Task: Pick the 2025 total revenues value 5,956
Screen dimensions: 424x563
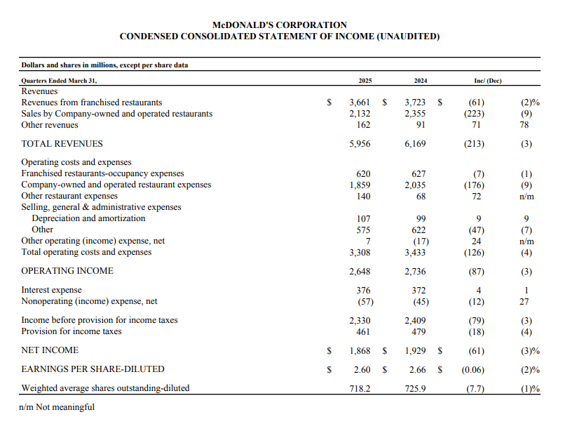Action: click(x=360, y=144)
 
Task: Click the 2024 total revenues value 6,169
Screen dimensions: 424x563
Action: click(x=416, y=144)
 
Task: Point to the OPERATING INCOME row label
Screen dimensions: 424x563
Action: click(x=67, y=271)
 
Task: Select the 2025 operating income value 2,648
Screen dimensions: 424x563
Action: click(x=360, y=271)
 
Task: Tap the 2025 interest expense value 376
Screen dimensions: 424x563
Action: click(x=363, y=290)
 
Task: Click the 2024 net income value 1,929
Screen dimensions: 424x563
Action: click(x=416, y=350)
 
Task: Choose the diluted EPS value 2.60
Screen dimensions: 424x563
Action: click(x=362, y=369)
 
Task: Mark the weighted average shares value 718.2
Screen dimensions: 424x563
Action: click(x=360, y=388)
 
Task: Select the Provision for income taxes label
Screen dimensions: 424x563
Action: click(x=72, y=331)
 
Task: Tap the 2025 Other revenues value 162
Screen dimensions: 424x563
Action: click(x=363, y=125)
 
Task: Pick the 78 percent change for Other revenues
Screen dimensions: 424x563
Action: click(x=526, y=125)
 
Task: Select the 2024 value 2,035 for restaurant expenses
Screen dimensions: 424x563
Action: click(x=416, y=185)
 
